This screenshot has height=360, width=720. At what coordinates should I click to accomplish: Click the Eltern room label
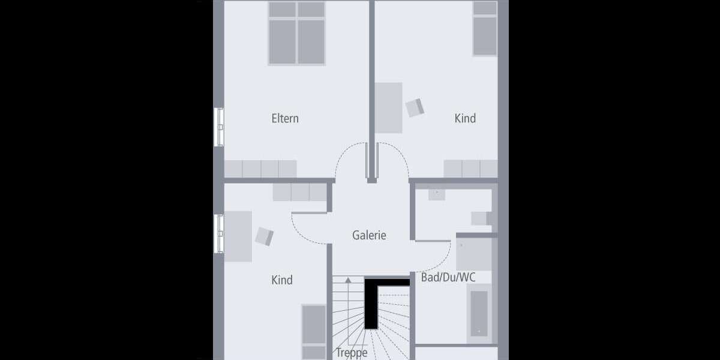point(285,119)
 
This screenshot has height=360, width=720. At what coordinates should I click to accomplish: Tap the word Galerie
point(369,236)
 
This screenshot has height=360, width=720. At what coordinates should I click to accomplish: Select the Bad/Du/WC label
point(448,277)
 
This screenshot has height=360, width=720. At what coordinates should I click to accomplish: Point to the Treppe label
point(352,353)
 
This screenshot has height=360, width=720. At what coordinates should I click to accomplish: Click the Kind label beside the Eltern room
point(465,119)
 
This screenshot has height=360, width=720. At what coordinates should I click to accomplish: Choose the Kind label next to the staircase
point(282,280)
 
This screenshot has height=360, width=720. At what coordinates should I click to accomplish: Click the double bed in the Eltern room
point(296,33)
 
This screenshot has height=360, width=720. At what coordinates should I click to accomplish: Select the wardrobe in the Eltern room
point(260,169)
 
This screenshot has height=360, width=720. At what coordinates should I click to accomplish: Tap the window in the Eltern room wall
point(219,127)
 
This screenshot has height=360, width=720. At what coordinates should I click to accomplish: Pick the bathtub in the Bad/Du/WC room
point(479,313)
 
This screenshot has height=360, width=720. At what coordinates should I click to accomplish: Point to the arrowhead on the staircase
point(347,280)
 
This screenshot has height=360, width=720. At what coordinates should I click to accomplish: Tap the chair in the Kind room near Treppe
point(264,236)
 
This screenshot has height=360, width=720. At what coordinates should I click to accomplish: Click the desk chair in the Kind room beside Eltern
point(415,107)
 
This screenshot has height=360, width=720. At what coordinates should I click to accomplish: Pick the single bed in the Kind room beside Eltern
point(485,28)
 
